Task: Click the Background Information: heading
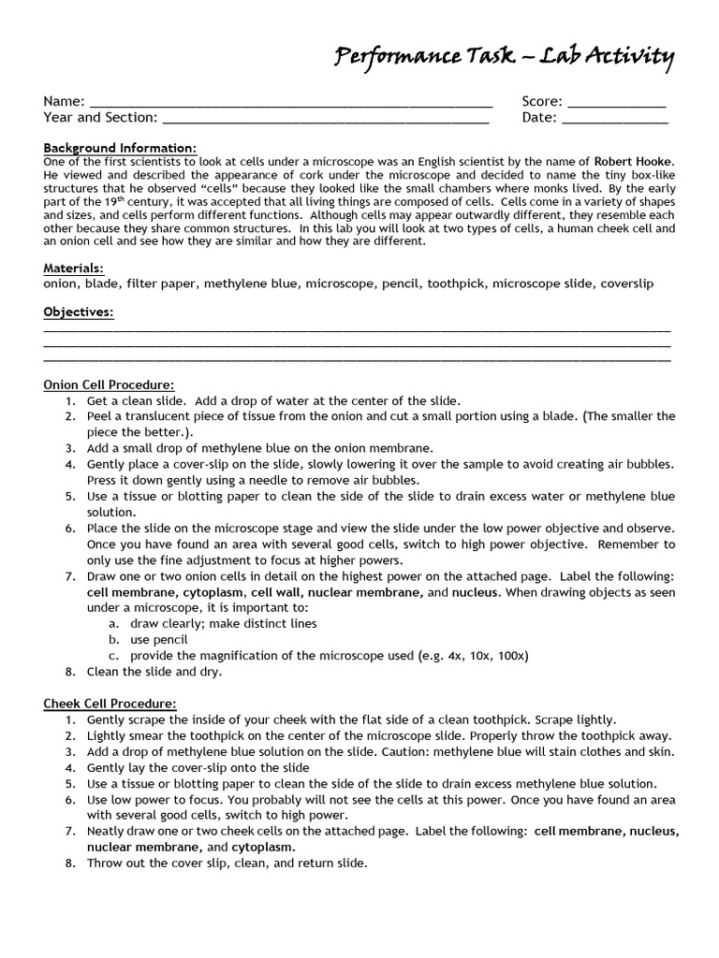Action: coord(120,148)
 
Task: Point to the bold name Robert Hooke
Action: coord(633,162)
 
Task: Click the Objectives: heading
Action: coord(79,312)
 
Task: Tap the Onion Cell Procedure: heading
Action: coord(109,385)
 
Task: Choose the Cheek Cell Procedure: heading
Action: coord(110,704)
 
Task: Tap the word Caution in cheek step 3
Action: coord(413,751)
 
